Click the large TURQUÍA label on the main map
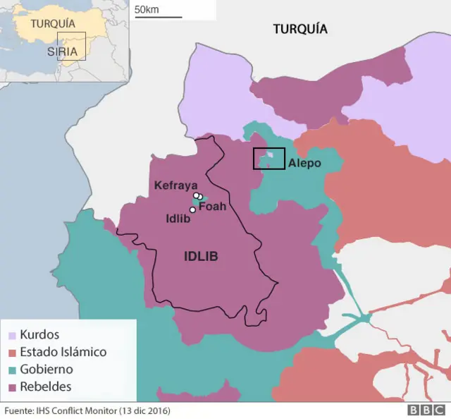(x=300, y=29)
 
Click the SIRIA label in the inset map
(x=62, y=51)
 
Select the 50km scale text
(x=147, y=9)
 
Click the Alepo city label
(x=304, y=163)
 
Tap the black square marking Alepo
(x=268, y=159)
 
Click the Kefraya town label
(x=175, y=185)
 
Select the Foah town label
(x=212, y=207)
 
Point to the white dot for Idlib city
(x=192, y=209)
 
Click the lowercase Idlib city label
(x=177, y=219)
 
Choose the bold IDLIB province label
(x=201, y=257)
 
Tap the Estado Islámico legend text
(x=63, y=351)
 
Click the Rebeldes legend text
(x=46, y=387)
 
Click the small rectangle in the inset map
(x=76, y=46)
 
